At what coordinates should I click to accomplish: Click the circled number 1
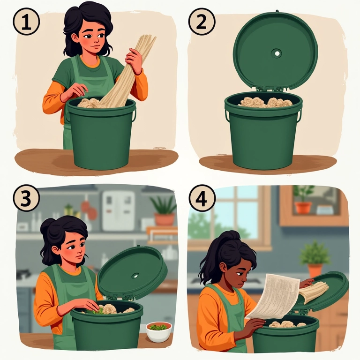(x=26, y=22)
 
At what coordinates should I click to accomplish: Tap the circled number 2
(x=202, y=22)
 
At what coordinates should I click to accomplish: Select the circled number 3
(x=26, y=198)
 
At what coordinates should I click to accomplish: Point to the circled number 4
(x=202, y=199)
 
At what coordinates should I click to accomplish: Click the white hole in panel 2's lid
(x=277, y=53)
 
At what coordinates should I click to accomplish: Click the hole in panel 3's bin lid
(x=135, y=276)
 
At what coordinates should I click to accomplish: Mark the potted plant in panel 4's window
(x=303, y=200)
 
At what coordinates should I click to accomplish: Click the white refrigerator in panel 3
(x=119, y=211)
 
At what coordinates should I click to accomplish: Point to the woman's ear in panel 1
(x=75, y=38)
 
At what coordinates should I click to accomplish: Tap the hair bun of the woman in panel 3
(x=47, y=225)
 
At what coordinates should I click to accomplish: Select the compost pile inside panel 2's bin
(x=266, y=102)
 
